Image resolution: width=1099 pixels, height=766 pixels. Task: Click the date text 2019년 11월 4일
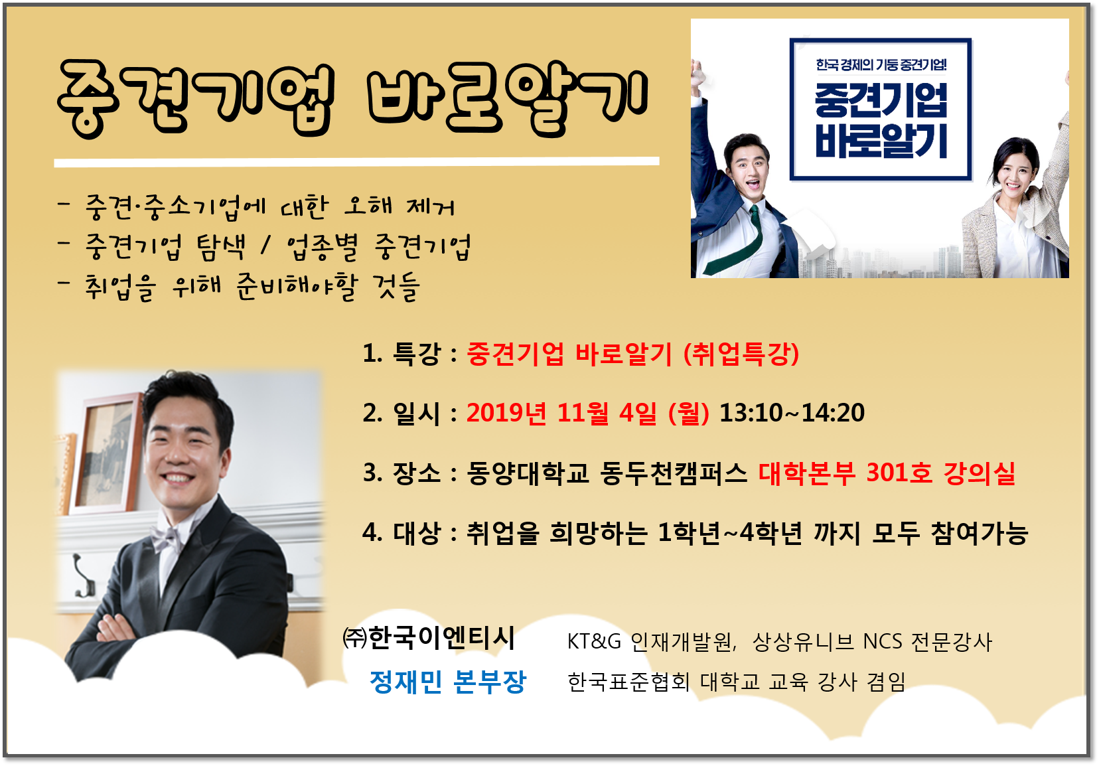[x=561, y=413]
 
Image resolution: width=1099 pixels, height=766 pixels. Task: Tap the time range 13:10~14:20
[x=791, y=413]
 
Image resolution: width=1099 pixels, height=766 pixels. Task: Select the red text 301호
[x=899, y=473]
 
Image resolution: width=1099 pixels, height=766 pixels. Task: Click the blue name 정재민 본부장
[x=447, y=682]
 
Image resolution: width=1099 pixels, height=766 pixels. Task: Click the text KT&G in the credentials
[x=594, y=641]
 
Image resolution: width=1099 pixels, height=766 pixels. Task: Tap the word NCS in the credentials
[x=882, y=641]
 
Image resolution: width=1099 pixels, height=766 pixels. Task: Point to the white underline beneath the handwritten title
[x=356, y=162]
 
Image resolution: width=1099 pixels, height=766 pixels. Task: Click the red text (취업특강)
[x=741, y=353]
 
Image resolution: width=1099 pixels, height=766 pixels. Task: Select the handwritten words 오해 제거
[x=399, y=206]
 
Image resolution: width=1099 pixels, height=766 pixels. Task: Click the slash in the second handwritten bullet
[x=265, y=246]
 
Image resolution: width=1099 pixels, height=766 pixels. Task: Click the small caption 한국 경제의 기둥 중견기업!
[x=881, y=65]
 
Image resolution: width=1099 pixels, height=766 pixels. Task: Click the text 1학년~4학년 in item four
[x=729, y=533]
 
